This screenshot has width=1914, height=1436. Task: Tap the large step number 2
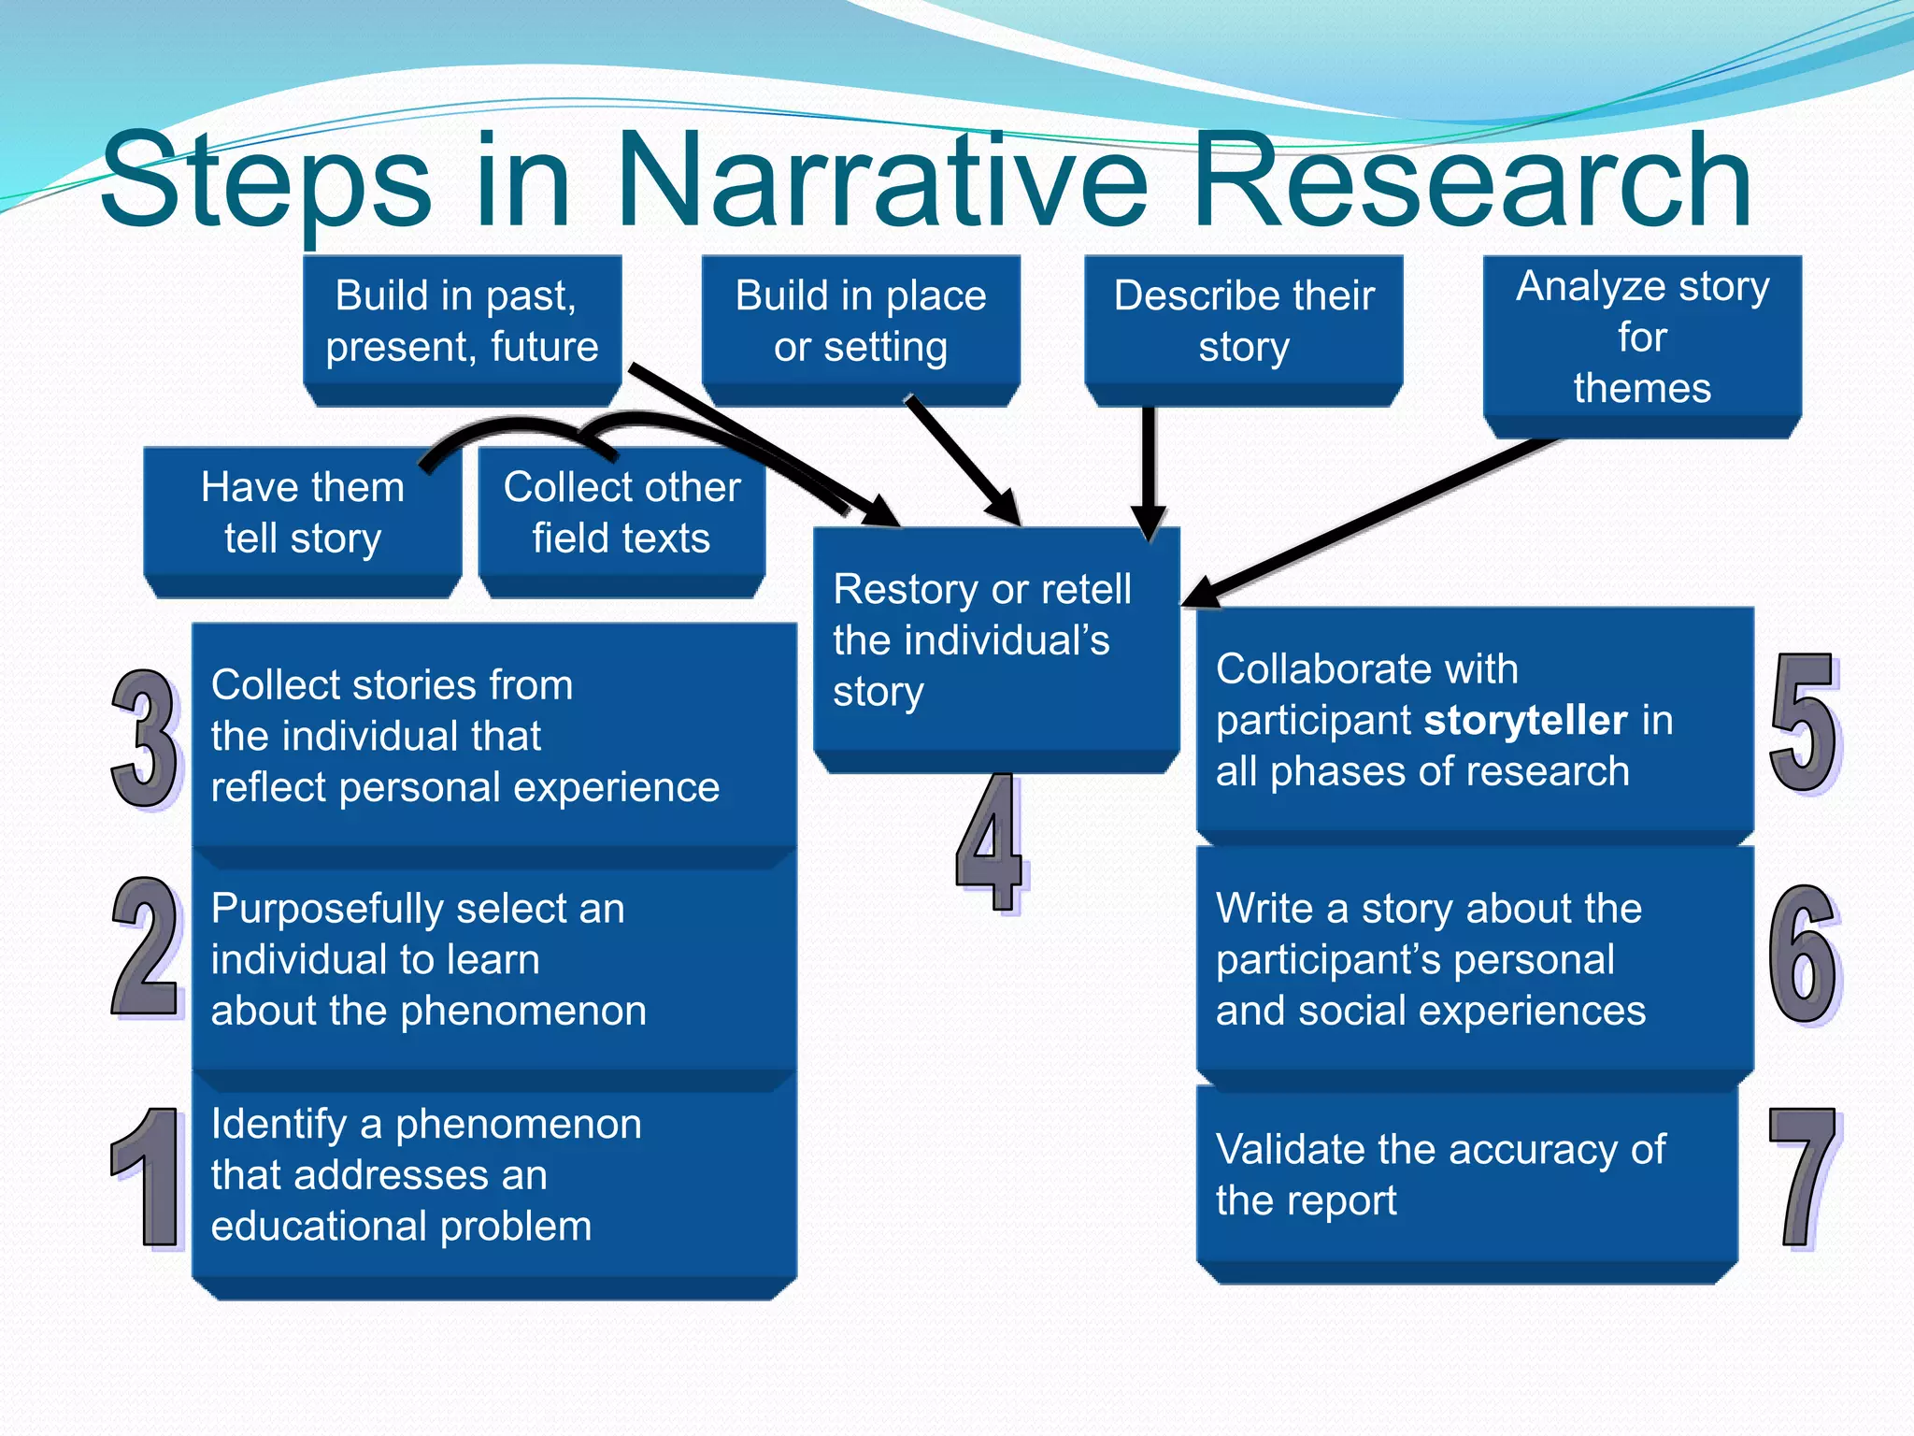tap(145, 946)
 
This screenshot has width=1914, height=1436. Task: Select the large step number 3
tap(145, 739)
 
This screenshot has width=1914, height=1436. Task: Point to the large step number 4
tap(991, 841)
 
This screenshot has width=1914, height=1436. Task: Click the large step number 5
tap(1804, 723)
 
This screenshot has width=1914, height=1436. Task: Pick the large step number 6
tap(1804, 954)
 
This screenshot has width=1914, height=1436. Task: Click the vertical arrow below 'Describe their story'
tap(1149, 467)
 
